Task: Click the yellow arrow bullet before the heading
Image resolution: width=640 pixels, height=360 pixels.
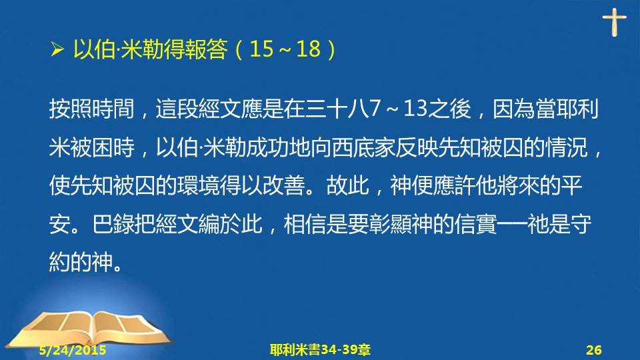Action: (x=57, y=50)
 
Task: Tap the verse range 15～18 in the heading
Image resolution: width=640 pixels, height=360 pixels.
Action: (x=285, y=49)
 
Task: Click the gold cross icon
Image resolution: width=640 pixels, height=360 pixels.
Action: (x=614, y=23)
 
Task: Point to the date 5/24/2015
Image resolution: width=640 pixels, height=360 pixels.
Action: (x=73, y=350)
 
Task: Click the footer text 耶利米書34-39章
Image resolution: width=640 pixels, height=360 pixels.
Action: (x=320, y=350)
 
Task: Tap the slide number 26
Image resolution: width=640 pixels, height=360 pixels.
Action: (x=594, y=350)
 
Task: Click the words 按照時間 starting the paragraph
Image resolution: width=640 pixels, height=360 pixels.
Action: (x=92, y=109)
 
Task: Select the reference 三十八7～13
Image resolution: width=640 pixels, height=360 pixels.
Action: (x=366, y=109)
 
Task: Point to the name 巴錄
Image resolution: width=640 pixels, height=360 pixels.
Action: (x=113, y=224)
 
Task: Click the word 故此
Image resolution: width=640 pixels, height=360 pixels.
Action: (x=348, y=186)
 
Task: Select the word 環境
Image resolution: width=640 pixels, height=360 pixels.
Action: (x=199, y=186)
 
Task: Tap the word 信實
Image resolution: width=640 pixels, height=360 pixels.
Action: (x=475, y=224)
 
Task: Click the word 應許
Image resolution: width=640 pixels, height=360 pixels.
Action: (x=454, y=186)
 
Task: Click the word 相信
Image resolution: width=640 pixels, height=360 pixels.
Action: (x=305, y=224)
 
